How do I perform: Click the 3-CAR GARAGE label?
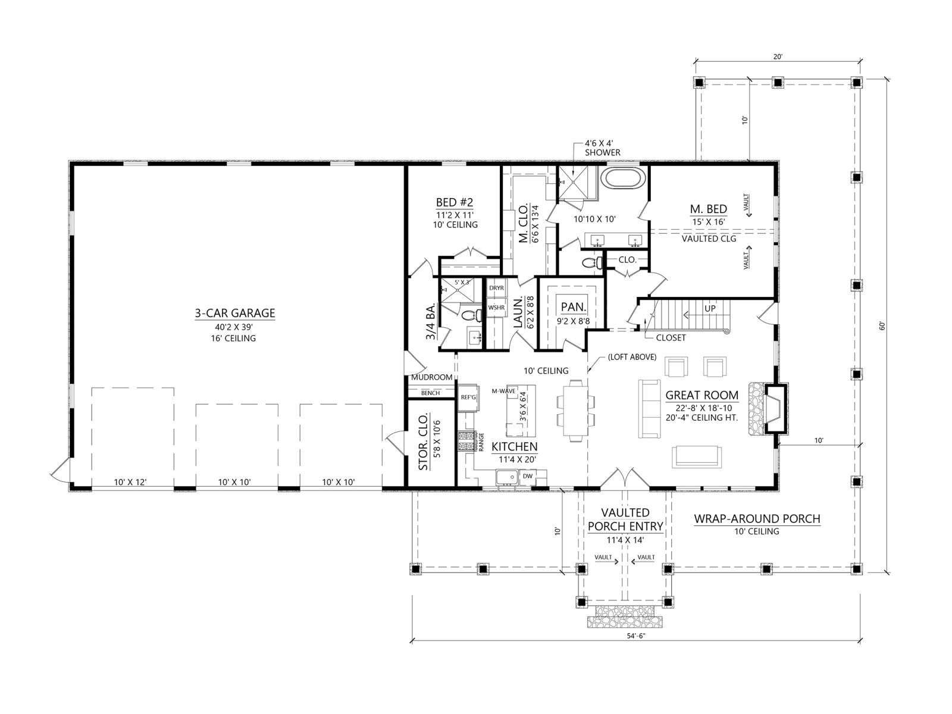click(234, 313)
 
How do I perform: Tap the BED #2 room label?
click(455, 202)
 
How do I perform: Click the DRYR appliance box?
click(497, 288)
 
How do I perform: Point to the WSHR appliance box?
click(497, 308)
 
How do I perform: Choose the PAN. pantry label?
click(574, 307)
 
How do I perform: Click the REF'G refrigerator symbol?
click(468, 397)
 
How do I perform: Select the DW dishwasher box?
click(527, 476)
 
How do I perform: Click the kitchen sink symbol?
click(507, 478)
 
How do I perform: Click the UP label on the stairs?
click(710, 309)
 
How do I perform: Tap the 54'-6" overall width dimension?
click(636, 648)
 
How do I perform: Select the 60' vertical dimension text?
click(881, 325)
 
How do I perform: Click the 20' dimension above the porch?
click(778, 57)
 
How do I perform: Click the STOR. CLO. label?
click(424, 441)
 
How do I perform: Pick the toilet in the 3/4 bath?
click(471, 315)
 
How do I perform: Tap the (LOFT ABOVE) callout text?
click(632, 357)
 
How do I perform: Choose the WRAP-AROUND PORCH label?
click(757, 518)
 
